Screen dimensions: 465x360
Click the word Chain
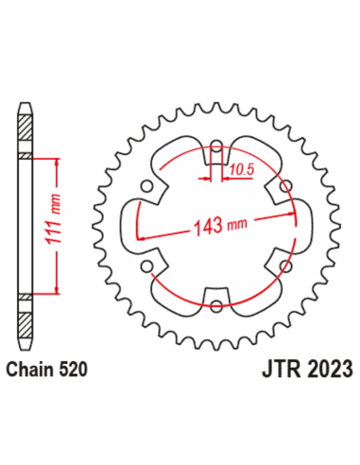35,370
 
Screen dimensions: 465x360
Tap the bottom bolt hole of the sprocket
216,305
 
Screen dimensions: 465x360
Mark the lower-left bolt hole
147,267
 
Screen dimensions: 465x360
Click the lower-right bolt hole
285,267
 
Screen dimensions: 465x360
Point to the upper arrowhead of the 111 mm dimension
59,162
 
